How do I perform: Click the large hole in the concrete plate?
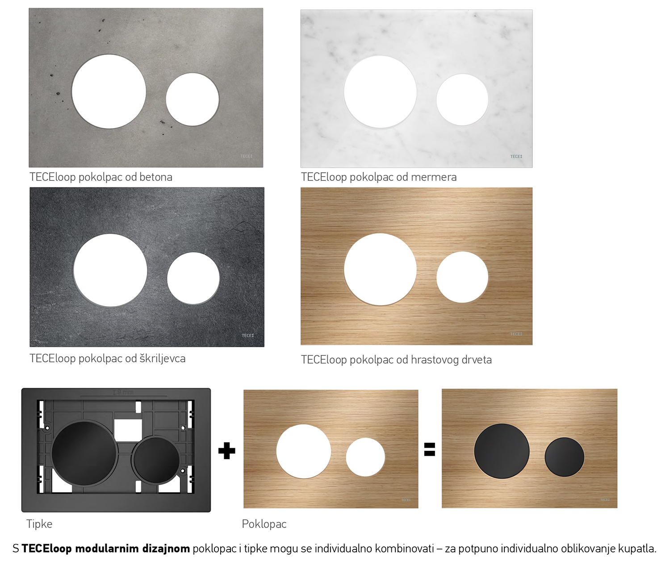tap(109, 91)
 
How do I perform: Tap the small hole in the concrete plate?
tap(192, 99)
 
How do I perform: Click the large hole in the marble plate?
tap(380, 92)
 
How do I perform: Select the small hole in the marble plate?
tap(462, 100)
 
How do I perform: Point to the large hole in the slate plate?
tap(110, 270)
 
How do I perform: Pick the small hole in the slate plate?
tap(193, 278)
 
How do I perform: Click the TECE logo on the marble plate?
tap(516, 157)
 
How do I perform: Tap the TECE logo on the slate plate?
tap(247, 335)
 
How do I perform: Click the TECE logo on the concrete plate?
tap(246, 156)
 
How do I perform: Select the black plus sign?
tap(226, 451)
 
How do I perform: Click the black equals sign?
tap(429, 449)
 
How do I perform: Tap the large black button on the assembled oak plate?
tap(502, 451)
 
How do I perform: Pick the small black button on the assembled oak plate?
tap(565, 457)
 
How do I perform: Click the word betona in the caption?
tap(155, 177)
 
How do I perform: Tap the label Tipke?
tap(39, 524)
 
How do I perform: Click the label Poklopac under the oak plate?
tap(264, 524)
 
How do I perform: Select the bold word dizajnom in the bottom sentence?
tap(166, 549)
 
